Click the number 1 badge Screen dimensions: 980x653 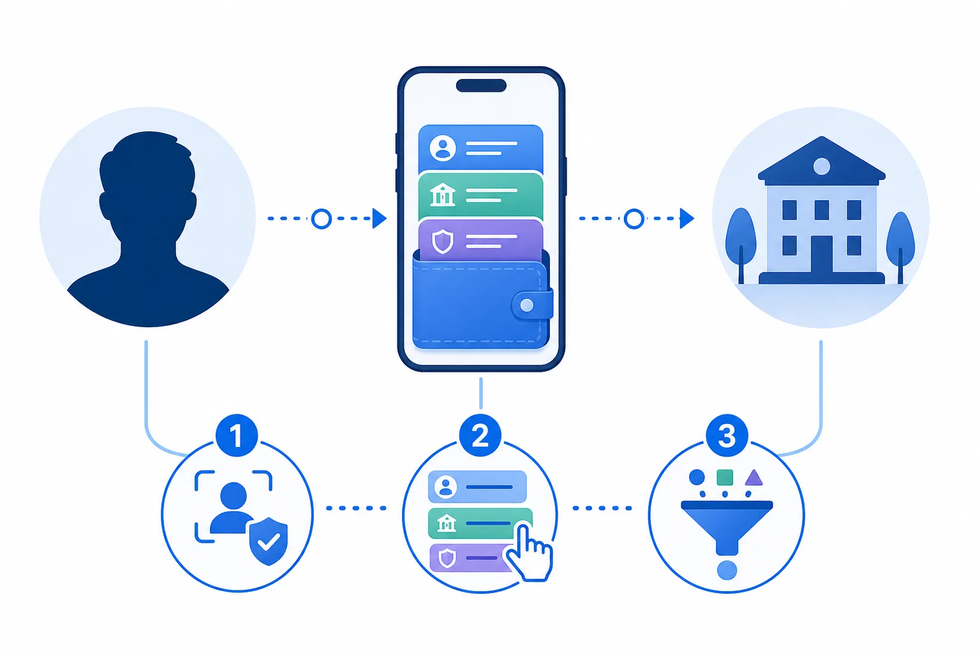(x=236, y=436)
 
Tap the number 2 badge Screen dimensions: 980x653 (x=480, y=436)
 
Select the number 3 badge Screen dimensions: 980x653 (x=727, y=436)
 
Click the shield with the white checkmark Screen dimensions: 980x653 (x=269, y=541)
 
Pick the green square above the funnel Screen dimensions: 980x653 (x=725, y=477)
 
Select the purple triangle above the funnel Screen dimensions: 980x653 (x=754, y=478)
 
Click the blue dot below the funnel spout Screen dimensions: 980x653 (x=727, y=570)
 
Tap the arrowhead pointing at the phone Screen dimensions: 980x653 (x=380, y=218)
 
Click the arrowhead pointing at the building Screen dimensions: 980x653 (x=687, y=218)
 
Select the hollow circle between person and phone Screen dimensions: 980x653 (x=322, y=219)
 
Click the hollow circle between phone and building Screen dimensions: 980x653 (x=634, y=219)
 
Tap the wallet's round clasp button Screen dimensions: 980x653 (x=527, y=305)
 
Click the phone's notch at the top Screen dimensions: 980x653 (x=481, y=85)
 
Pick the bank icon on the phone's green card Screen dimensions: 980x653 (x=442, y=194)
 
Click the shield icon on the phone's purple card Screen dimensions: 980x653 (x=442, y=241)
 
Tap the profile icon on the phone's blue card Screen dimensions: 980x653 (x=442, y=148)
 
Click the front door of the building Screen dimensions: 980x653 (x=822, y=254)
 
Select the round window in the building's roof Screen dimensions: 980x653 (x=822, y=166)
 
